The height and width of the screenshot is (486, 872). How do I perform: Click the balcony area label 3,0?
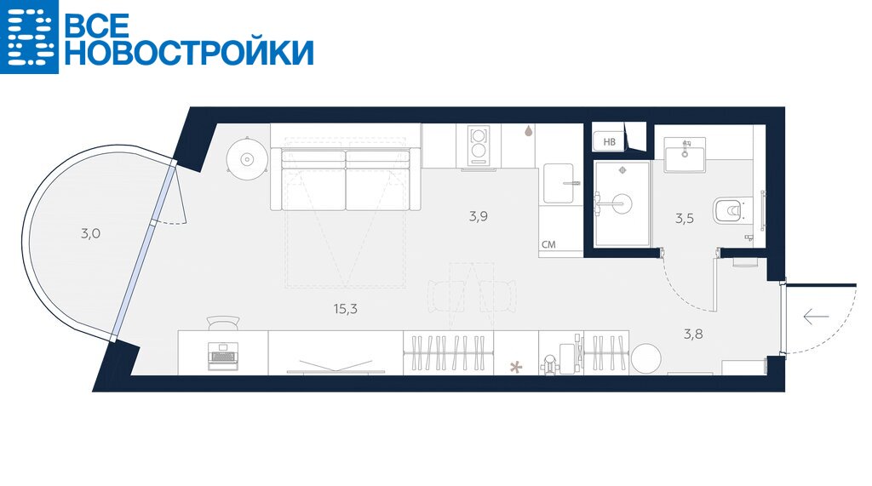90,233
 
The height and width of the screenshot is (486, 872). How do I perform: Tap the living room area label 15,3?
346,309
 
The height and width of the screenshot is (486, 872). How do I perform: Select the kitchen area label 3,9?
479,216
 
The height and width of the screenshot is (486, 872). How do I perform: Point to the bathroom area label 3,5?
685,219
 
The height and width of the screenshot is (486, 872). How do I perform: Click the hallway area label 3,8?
693,334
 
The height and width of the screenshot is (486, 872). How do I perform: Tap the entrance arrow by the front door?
816,317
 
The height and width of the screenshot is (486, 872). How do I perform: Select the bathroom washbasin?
685,155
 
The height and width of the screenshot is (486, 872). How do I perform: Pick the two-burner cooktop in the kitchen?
478,146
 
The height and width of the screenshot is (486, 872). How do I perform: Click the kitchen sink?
559,183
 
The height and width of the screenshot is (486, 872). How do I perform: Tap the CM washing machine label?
548,244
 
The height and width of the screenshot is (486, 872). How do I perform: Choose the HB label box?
610,142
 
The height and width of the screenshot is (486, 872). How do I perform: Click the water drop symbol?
528,131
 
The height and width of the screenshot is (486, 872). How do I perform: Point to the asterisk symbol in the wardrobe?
517,367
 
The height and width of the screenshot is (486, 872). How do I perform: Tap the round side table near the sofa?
247,159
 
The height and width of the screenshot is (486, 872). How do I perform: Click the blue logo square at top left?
29,37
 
